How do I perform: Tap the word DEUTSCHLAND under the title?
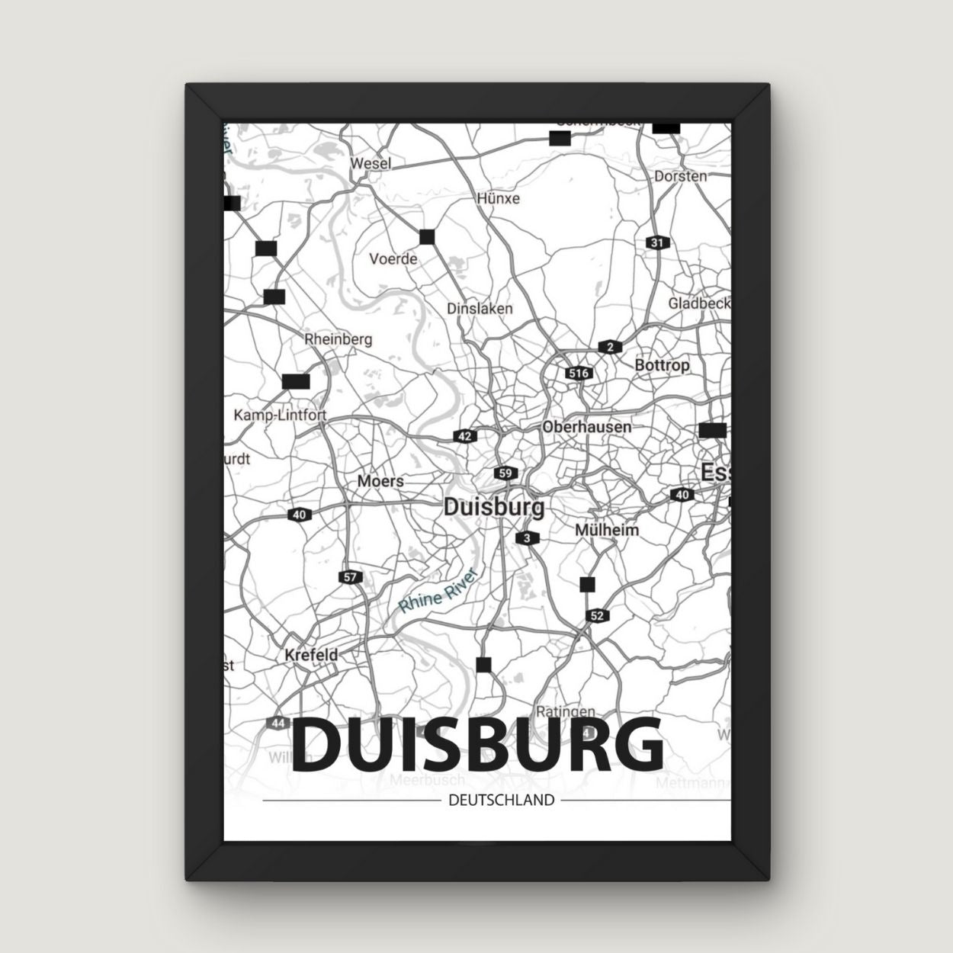click(x=501, y=801)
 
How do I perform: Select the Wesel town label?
click(x=371, y=163)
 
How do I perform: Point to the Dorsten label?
click(x=680, y=176)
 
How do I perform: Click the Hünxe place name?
click(x=498, y=198)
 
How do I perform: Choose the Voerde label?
click(x=393, y=258)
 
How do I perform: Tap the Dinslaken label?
click(x=480, y=309)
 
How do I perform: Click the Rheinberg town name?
click(x=338, y=339)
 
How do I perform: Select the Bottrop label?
click(x=662, y=365)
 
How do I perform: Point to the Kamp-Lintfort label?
click(x=280, y=416)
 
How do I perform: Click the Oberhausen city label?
click(x=586, y=427)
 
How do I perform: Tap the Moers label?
click(x=380, y=482)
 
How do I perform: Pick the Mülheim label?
click(x=607, y=529)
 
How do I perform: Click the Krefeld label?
click(x=310, y=654)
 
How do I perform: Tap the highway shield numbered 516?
click(x=579, y=374)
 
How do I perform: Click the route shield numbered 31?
click(x=656, y=242)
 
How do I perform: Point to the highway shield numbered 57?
click(x=350, y=577)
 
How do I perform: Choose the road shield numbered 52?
click(x=596, y=615)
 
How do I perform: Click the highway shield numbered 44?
click(x=279, y=721)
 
